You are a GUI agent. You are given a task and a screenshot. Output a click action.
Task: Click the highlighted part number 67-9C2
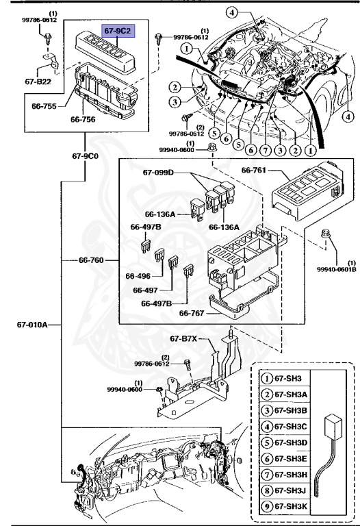point(118,32)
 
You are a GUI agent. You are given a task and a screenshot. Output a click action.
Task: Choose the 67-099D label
point(159,173)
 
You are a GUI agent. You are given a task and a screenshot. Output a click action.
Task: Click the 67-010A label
point(31,325)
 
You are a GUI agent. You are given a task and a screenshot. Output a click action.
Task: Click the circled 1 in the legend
point(266,377)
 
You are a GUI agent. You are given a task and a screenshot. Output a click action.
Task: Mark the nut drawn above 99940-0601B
point(326,238)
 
